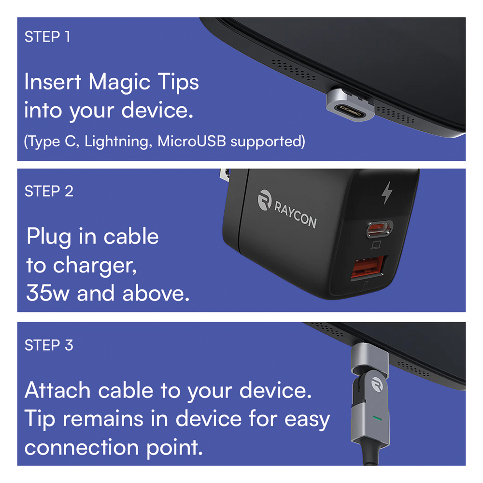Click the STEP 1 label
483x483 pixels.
(47, 37)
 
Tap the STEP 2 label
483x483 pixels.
(49, 191)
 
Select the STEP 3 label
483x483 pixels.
(49, 345)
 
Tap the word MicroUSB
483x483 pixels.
(192, 141)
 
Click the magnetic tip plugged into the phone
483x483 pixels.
(351, 105)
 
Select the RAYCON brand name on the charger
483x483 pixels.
(295, 214)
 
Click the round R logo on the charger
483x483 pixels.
(265, 200)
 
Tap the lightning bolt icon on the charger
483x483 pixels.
(387, 193)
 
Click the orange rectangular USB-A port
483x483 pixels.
(369, 267)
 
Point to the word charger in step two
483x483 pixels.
(95, 266)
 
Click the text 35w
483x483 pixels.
(48, 293)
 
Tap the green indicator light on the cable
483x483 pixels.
(377, 418)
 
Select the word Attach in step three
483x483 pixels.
(57, 390)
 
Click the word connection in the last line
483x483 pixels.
(82, 447)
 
